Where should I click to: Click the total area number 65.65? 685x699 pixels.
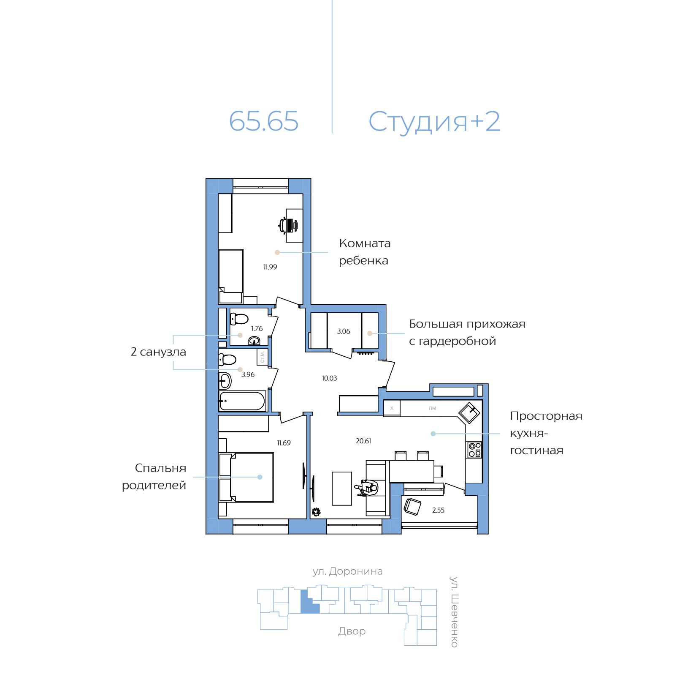pos(264,121)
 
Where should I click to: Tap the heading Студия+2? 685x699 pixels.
pos(434,122)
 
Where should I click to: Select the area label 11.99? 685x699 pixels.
pos(270,267)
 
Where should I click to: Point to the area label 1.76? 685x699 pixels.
pos(257,328)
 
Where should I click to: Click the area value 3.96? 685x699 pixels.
pos(248,374)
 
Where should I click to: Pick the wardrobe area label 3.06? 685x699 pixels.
pos(344,331)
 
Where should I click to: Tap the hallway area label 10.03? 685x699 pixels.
pos(329,378)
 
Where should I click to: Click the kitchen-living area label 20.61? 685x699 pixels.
pos(363,441)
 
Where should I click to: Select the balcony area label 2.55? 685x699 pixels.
pos(438,510)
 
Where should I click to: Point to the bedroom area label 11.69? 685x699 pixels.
pos(284,443)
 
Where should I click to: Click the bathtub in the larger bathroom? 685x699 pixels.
pos(242,401)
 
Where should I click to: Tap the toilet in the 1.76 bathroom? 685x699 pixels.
pos(239,319)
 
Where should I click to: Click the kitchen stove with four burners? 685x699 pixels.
pos(474,450)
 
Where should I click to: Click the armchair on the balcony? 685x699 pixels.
pos(412,506)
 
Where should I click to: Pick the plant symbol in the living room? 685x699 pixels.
pos(316,512)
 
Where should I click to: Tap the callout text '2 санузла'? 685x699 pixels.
pos(158,352)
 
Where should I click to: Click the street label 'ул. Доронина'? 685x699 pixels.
pos(347,571)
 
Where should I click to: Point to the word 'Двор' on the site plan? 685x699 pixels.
pos(352,631)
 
